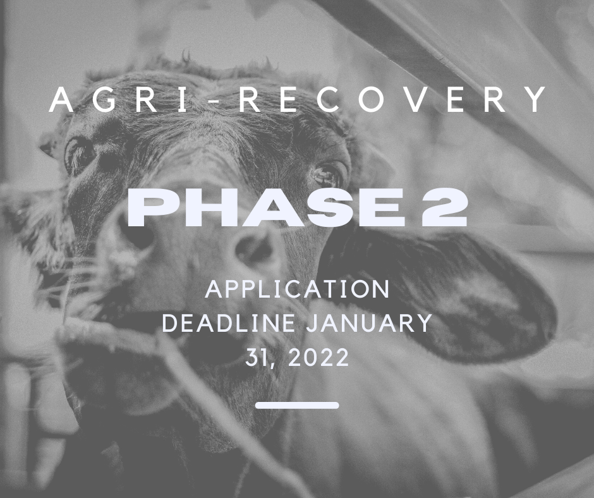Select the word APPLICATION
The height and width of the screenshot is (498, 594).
pyautogui.click(x=297, y=289)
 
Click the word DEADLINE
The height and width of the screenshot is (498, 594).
pyautogui.click(x=229, y=323)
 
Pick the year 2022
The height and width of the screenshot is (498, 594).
pyautogui.click(x=318, y=358)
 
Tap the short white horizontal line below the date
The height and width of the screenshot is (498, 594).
pyautogui.click(x=297, y=406)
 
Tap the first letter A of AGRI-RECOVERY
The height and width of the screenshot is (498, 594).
pyautogui.click(x=62, y=100)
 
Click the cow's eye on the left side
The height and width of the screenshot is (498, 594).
pyautogui.click(x=79, y=155)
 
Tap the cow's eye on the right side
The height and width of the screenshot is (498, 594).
pyautogui.click(x=326, y=174)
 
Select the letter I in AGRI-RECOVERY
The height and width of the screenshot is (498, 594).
pyautogui.click(x=183, y=100)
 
